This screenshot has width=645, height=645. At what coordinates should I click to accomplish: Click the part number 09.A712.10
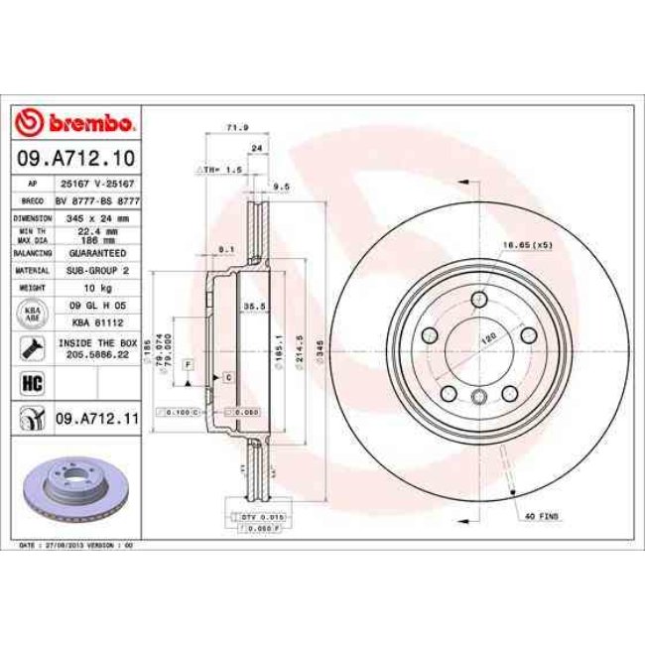click(x=75, y=156)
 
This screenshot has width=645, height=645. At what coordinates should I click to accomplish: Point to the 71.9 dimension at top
click(x=236, y=128)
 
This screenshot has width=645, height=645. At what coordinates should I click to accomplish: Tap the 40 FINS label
click(x=543, y=516)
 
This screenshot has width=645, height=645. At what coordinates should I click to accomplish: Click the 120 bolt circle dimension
click(x=488, y=338)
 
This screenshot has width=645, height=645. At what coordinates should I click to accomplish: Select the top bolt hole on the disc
click(x=478, y=299)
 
